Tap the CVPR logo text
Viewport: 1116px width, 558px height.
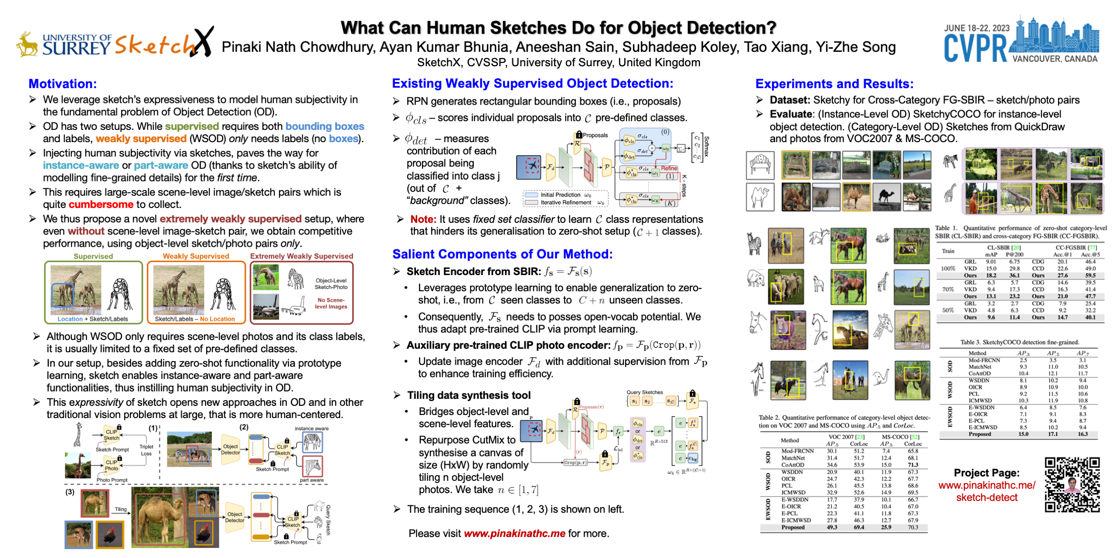tap(975, 48)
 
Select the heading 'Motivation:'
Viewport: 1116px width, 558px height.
tap(63, 84)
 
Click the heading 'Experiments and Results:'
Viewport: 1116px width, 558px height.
tap(834, 84)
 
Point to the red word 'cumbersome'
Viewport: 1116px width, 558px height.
tap(101, 204)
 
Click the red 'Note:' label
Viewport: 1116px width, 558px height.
tap(423, 219)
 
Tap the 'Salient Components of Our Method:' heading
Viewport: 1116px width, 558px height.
tap(502, 254)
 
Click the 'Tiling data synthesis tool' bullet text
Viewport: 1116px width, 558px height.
tap(469, 395)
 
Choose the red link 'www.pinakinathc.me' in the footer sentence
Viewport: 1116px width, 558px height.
tap(514, 533)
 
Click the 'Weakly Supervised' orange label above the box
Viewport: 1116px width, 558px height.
tap(196, 256)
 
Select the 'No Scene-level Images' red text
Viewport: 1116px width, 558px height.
tap(331, 303)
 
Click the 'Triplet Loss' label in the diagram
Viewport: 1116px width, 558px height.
tap(146, 450)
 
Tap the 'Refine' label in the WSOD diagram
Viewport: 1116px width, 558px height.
tap(669, 168)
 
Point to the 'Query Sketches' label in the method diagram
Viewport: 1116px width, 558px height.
tap(644, 392)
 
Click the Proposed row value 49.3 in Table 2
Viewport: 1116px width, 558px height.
tap(832, 527)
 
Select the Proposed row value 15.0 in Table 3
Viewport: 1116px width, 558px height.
tap(1023, 434)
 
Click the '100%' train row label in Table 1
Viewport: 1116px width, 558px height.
tap(948, 269)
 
